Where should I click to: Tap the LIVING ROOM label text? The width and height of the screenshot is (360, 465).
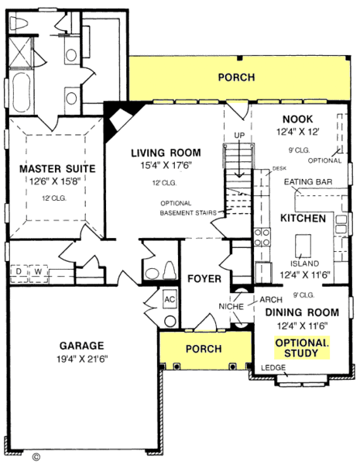click(166, 153)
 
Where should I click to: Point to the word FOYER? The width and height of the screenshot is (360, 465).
click(204, 278)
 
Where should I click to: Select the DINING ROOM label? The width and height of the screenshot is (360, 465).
click(302, 312)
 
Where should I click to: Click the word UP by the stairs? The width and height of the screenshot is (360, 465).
click(239, 137)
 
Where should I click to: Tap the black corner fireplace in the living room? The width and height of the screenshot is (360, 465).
click(120, 118)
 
